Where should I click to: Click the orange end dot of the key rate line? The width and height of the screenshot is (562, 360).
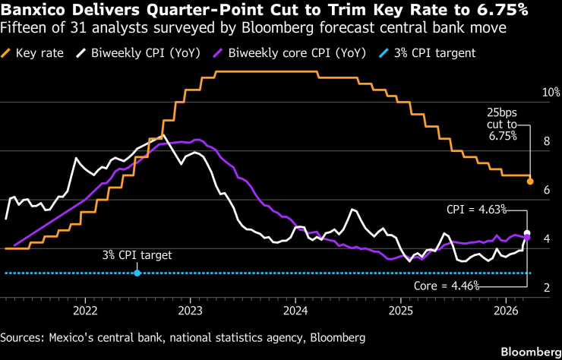click(530, 182)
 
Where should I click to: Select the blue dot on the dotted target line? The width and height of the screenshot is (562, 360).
click(137, 272)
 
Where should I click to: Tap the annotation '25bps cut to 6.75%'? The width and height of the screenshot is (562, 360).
click(501, 124)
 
